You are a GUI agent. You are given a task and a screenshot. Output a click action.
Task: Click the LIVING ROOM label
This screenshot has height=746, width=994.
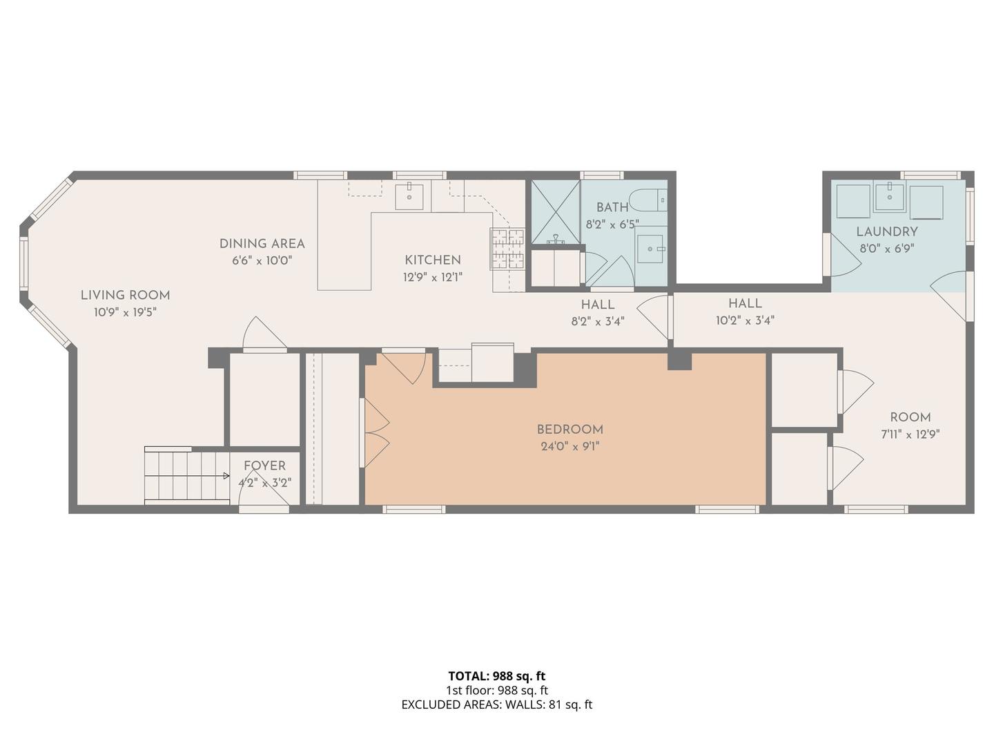pyautogui.click(x=126, y=296)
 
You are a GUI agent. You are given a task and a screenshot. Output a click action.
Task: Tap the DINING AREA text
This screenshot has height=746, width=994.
pyautogui.click(x=262, y=244)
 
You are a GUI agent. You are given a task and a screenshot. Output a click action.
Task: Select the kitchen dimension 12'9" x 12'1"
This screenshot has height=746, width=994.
pyautogui.click(x=433, y=277)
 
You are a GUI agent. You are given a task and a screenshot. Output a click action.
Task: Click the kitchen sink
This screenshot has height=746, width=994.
pyautogui.click(x=409, y=197)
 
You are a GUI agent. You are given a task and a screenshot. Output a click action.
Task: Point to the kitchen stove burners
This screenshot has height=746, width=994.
pyautogui.click(x=507, y=249)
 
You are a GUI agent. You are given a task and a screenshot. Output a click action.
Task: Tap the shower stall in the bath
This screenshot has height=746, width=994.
pyautogui.click(x=555, y=212)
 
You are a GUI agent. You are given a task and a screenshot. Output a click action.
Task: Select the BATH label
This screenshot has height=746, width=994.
pyautogui.click(x=612, y=207)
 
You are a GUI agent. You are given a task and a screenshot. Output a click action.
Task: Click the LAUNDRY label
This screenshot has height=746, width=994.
pyautogui.click(x=887, y=232)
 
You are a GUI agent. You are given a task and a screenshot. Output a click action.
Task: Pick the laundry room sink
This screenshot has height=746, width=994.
pyautogui.click(x=889, y=197)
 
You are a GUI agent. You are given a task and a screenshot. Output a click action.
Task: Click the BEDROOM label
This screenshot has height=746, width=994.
pyautogui.click(x=569, y=430)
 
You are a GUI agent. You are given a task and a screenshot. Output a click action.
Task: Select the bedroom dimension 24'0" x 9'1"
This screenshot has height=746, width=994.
pyautogui.click(x=569, y=447)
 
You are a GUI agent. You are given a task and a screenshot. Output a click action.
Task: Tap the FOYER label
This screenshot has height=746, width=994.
pyautogui.click(x=264, y=466)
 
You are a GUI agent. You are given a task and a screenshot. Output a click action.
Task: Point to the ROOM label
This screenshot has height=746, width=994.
pyautogui.click(x=910, y=417)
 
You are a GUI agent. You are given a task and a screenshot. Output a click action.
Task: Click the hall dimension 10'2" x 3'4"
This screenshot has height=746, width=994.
pyautogui.click(x=745, y=321)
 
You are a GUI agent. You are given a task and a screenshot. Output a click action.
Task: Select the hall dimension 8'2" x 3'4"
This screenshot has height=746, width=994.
pyautogui.click(x=598, y=322)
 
